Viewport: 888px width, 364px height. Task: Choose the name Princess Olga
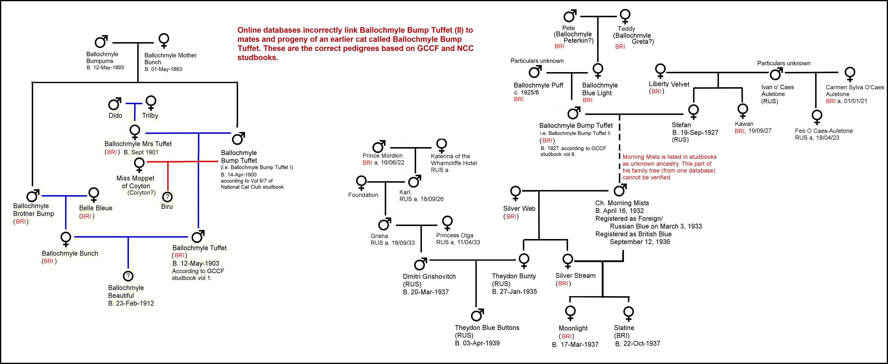coord(455,235)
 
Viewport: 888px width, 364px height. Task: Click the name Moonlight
coord(573,328)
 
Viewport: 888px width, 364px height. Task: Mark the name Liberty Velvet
coord(669,84)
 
